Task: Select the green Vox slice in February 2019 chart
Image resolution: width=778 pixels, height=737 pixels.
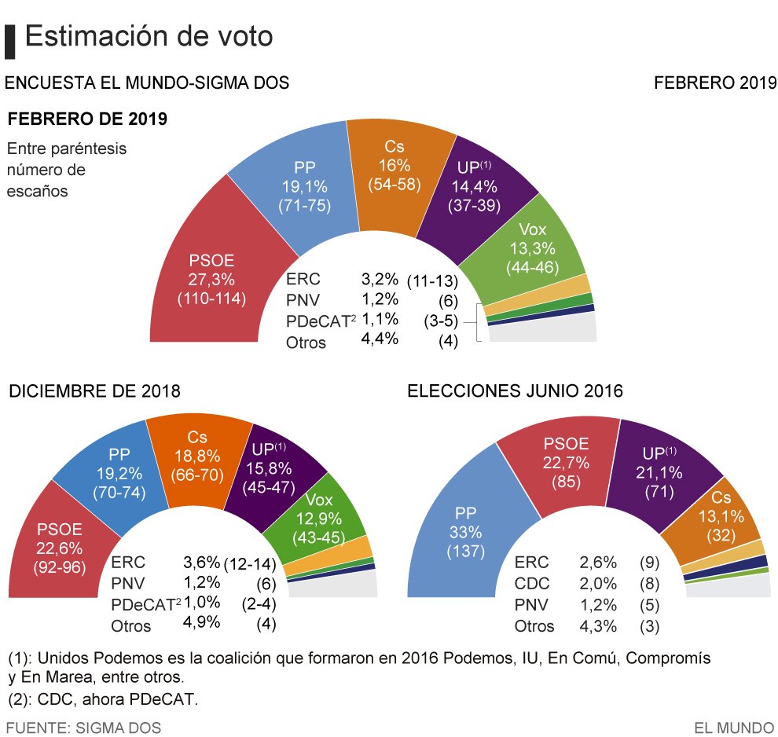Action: click(534, 248)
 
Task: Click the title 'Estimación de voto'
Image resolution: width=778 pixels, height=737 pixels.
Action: click(149, 36)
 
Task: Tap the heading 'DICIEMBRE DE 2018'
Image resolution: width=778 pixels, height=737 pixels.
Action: click(94, 390)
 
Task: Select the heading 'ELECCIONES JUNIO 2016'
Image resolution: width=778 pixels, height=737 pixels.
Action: click(515, 390)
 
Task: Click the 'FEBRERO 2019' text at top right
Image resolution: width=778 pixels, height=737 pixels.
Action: click(715, 82)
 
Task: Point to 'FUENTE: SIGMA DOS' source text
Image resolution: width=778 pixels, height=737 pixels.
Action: click(83, 728)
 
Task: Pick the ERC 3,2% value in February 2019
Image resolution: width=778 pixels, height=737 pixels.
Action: click(380, 279)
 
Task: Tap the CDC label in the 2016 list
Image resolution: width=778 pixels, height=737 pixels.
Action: click(531, 584)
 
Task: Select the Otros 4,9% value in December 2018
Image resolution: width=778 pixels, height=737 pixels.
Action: click(200, 624)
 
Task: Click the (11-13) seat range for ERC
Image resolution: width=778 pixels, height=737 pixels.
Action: click(431, 280)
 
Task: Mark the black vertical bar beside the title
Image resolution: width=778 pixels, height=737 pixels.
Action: click(10, 41)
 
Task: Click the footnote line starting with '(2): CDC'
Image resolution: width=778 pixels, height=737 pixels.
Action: click(102, 699)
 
